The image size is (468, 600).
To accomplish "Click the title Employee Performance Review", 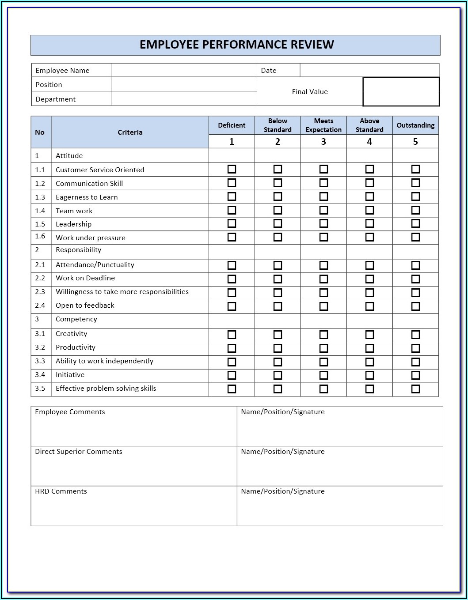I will pyautogui.click(x=236, y=45).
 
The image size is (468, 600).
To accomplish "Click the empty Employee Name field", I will pyautogui.click(x=183, y=70).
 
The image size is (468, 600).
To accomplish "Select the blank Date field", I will pyautogui.click(x=369, y=70).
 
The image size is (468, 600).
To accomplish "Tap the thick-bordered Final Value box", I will pyautogui.click(x=401, y=92).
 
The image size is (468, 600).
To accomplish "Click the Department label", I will pyautogui.click(x=56, y=99).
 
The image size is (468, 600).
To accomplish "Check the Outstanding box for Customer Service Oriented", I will pyautogui.click(x=415, y=169).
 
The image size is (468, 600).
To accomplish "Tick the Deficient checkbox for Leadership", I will pyautogui.click(x=232, y=224).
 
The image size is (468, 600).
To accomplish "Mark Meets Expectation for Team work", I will pyautogui.click(x=323, y=210).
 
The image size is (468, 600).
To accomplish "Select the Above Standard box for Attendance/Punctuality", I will pyautogui.click(x=369, y=265).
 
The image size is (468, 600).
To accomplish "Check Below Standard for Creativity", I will pyautogui.click(x=278, y=335).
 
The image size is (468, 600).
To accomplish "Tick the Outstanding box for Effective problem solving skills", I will pyautogui.click(x=415, y=389).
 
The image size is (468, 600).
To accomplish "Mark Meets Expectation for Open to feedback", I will pyautogui.click(x=323, y=306).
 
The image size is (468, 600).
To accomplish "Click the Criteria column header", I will pyautogui.click(x=130, y=132).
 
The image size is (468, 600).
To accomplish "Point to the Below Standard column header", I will pyautogui.click(x=278, y=125).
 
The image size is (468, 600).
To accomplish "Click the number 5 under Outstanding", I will pyautogui.click(x=415, y=142).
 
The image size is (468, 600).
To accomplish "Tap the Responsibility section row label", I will pyautogui.click(x=78, y=250).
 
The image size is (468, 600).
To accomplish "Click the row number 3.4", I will pyautogui.click(x=40, y=375).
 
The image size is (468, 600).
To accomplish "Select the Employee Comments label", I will pyautogui.click(x=70, y=412).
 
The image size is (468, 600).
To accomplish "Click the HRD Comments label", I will pyautogui.click(x=61, y=491).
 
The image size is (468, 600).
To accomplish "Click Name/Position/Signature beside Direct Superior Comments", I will pyautogui.click(x=283, y=452).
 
